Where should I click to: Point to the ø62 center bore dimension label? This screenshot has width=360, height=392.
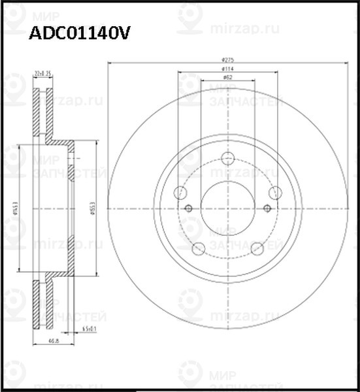(227, 77)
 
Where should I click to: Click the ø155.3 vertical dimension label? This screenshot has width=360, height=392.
(93, 208)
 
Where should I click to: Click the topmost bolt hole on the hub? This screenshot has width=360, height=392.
(227, 158)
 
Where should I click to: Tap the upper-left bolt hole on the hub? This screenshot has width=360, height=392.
(180, 192)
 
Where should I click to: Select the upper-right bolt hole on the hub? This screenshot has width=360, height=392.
(275, 192)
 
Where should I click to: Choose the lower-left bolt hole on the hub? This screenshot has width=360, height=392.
(198, 248)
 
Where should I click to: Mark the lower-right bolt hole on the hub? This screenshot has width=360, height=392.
(257, 248)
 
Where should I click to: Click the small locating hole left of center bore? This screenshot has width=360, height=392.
(189, 208)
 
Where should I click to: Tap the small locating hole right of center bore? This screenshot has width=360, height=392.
(267, 208)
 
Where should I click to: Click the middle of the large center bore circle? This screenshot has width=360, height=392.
(227, 208)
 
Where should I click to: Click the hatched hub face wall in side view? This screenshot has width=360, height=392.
(71, 208)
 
